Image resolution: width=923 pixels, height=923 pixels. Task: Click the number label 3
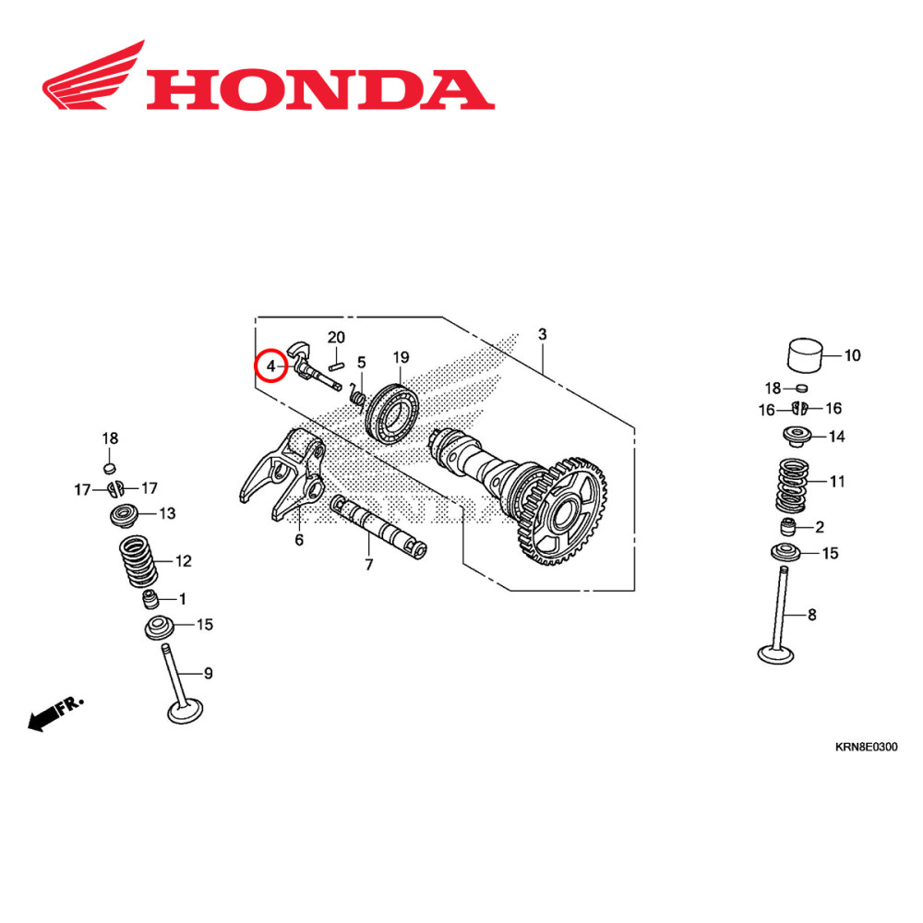point(543,333)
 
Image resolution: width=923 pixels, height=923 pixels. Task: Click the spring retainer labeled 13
point(122,515)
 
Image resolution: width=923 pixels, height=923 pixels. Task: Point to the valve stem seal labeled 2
point(789,528)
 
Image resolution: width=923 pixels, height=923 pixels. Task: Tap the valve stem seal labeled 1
point(150,600)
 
